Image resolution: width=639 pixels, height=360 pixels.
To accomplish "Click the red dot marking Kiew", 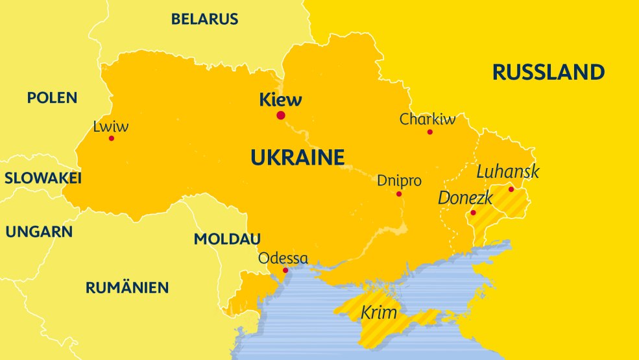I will pos(281,115).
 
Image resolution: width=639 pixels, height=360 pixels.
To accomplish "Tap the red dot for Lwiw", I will pos(112,138).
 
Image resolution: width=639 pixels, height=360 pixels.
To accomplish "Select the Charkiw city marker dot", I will pos(429,132).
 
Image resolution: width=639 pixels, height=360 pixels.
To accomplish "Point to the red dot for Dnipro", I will pos(399,194).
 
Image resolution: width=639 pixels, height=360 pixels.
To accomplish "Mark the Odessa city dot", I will pos(285,270).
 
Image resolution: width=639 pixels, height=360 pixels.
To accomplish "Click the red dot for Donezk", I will pos(473,213).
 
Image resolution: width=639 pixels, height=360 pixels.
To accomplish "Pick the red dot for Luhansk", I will pos(511,189).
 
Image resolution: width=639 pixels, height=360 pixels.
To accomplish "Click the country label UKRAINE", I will pos(297,158).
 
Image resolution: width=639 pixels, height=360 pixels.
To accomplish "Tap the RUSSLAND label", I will pos(548,71).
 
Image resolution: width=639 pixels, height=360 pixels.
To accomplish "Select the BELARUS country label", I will pos(204,19).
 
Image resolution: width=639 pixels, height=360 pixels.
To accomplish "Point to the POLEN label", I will pos(52,98).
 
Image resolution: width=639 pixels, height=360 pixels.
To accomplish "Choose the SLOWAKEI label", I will pos(43,178).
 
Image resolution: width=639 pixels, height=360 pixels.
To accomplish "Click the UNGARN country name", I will pos(40,232).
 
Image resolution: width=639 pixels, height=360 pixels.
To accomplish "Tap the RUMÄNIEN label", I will pos(127,287).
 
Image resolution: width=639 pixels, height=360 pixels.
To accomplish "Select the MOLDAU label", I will pos(227,239).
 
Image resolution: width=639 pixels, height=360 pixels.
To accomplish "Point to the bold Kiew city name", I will pos(280,100).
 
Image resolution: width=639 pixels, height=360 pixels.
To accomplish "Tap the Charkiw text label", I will pos(428,119).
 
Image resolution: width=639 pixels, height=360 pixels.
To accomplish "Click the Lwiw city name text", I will pos(111,126).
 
